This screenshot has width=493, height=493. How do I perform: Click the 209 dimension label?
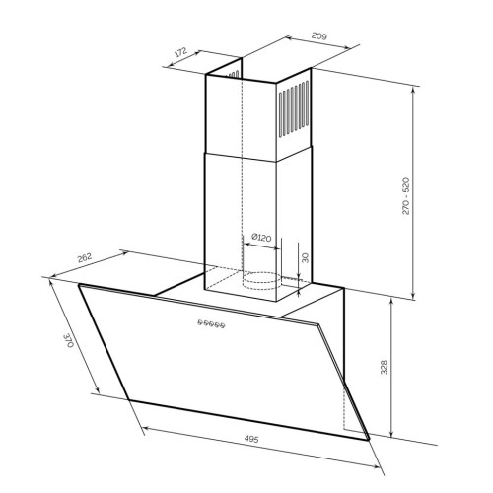(x=319, y=35)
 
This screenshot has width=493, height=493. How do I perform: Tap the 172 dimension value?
(x=180, y=52)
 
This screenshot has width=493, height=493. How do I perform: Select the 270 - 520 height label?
(x=406, y=196)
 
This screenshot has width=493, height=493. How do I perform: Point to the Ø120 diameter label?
(x=261, y=237)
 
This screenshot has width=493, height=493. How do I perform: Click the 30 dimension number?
(x=306, y=257)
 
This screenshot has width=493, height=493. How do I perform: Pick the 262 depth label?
(x=84, y=258)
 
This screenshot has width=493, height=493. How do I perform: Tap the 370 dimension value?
(x=69, y=341)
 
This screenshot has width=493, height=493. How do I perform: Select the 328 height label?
(x=384, y=367)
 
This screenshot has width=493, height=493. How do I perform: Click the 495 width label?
(x=251, y=439)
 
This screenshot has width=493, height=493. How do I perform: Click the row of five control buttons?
(x=211, y=324)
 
